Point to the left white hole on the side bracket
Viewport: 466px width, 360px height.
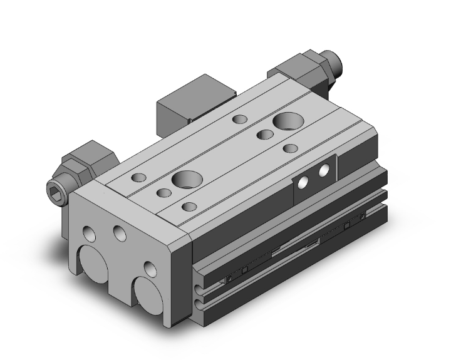(x=303, y=182)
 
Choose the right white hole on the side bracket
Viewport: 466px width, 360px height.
(x=324, y=170)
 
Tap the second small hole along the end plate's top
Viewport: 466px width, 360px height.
(x=118, y=233)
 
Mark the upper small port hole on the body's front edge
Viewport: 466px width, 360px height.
(x=200, y=273)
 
